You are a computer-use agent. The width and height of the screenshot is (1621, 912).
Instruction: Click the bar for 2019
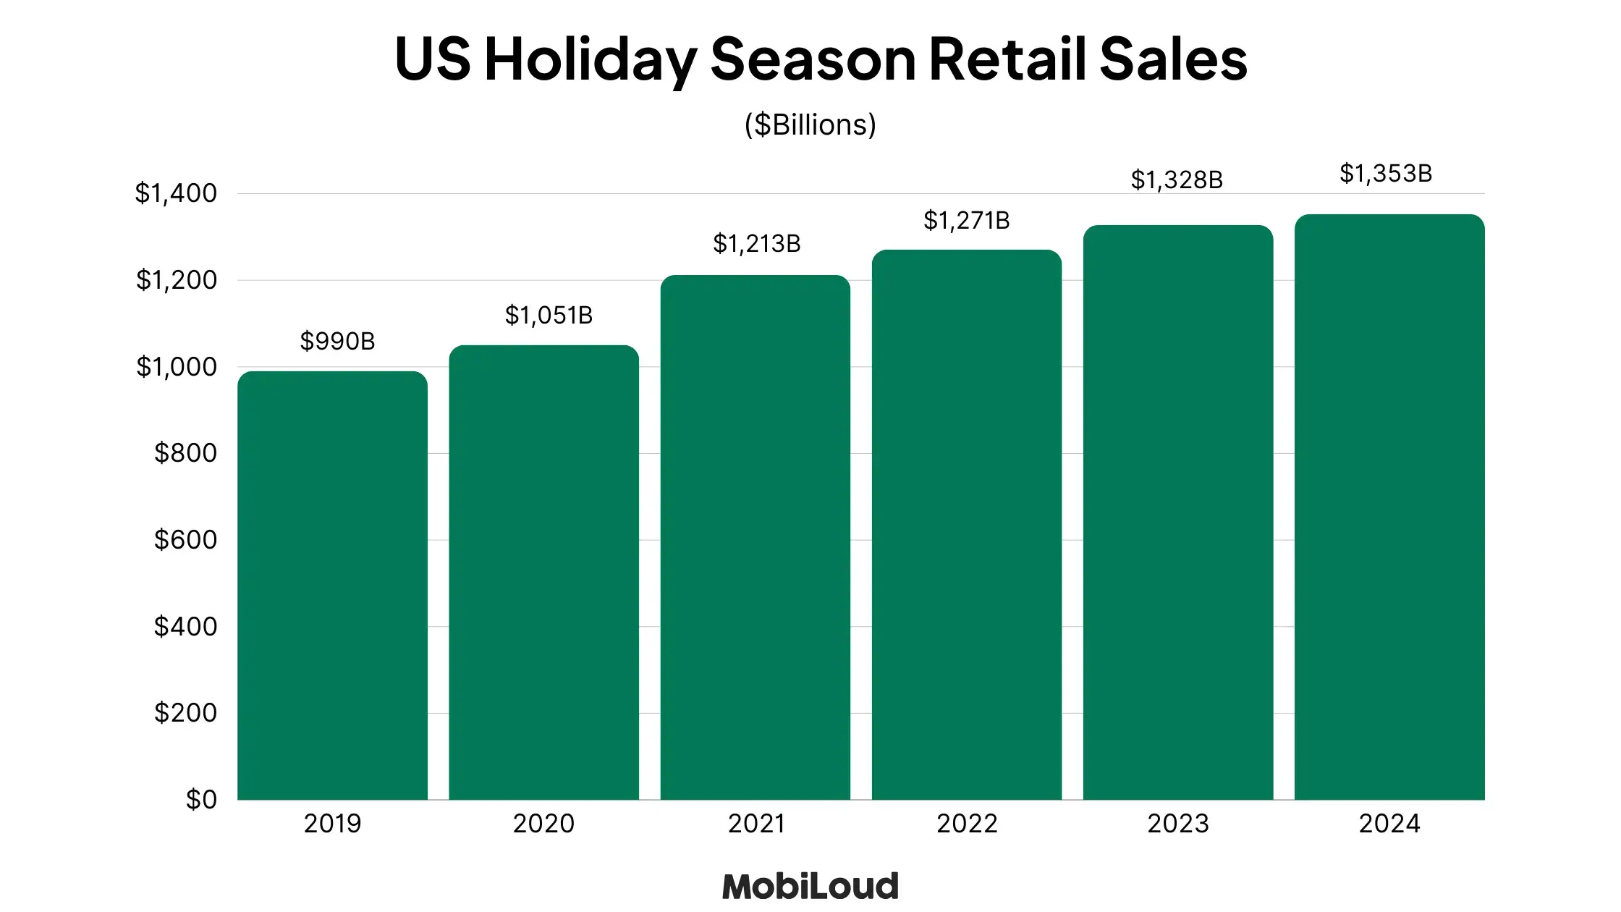click(x=332, y=586)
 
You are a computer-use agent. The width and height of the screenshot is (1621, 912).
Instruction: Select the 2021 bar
click(x=756, y=537)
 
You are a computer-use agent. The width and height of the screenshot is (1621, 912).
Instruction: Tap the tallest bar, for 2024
click(x=1389, y=507)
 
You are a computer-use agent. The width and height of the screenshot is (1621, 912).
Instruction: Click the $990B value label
click(x=337, y=341)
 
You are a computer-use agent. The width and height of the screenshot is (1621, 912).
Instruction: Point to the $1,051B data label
click(x=549, y=315)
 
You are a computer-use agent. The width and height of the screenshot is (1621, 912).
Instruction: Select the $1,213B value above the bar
click(x=757, y=243)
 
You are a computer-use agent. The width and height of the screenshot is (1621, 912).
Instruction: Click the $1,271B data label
click(x=967, y=220)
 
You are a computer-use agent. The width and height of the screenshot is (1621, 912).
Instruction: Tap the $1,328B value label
click(x=1177, y=180)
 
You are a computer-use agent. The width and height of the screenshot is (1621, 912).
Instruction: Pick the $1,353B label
click(x=1386, y=173)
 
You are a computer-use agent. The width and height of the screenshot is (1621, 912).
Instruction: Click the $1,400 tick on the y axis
click(x=176, y=193)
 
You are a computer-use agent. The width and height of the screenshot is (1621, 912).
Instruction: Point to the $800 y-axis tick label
click(x=185, y=453)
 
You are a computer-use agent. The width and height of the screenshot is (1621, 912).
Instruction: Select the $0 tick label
click(x=201, y=800)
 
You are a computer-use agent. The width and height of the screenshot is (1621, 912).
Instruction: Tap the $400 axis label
click(x=185, y=626)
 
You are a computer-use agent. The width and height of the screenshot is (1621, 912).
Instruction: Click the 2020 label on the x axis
click(x=543, y=824)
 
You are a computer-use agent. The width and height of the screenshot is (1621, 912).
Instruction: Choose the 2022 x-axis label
click(x=967, y=824)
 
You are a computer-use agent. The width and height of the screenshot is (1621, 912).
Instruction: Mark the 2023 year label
click(x=1178, y=824)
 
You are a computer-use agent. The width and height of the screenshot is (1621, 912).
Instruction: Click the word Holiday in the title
click(x=591, y=59)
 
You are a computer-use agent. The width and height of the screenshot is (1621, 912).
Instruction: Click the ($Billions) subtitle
click(x=810, y=124)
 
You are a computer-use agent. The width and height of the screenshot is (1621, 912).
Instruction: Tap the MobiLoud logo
click(x=810, y=887)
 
